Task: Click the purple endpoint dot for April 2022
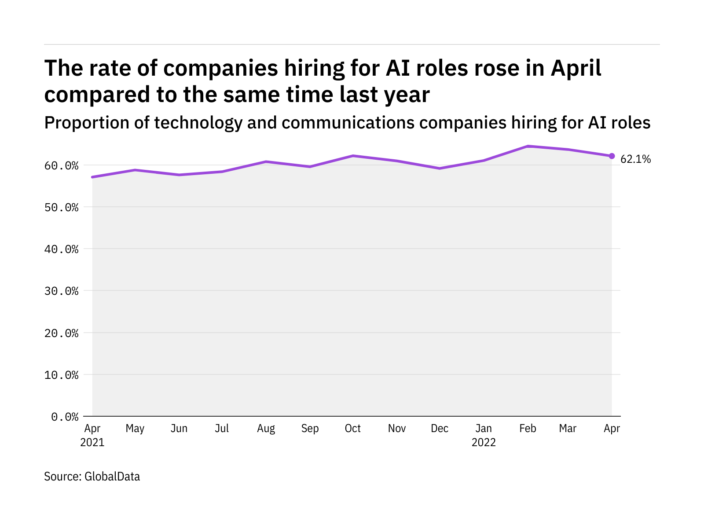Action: coord(612,156)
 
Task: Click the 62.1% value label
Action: coord(635,159)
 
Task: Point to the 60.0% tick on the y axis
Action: coord(61,165)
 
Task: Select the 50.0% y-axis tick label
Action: coord(61,207)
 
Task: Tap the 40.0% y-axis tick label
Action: coord(61,249)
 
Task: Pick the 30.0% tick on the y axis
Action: coord(61,291)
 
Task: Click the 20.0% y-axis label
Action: coord(61,333)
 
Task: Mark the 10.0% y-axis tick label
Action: coord(61,375)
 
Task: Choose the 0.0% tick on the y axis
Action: coord(65,417)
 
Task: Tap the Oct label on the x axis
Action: coord(353,429)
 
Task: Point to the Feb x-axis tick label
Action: coord(528,429)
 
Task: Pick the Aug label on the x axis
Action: coord(266,429)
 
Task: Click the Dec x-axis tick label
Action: coord(440,429)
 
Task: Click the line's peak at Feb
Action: coord(528,146)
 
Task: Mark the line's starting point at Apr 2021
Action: coord(92,177)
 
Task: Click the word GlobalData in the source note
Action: coord(112,477)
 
